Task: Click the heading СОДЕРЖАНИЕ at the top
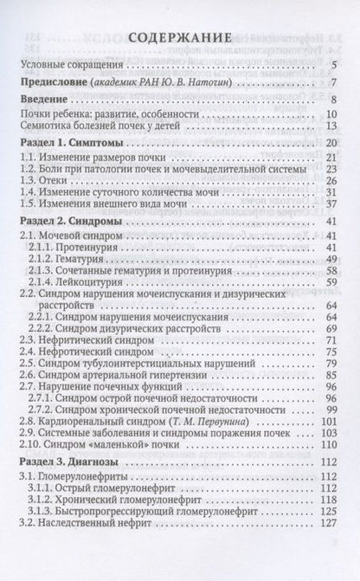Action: click(179, 40)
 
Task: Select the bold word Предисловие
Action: click(56, 83)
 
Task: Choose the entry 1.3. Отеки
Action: click(49, 180)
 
